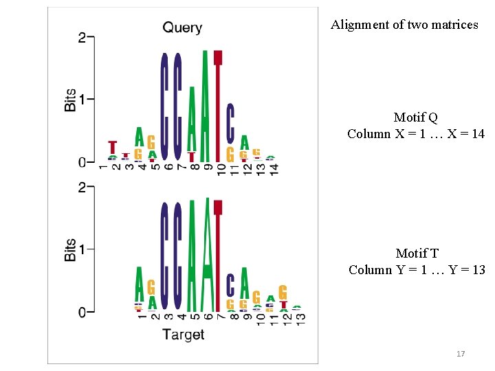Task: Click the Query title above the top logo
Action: coord(182,28)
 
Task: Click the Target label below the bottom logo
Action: coord(183,335)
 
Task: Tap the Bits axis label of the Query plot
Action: coord(70,99)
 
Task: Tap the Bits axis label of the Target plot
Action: coord(70,249)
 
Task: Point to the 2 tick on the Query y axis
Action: coord(81,38)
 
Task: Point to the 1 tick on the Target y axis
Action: coord(81,249)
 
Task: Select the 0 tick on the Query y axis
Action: coord(81,163)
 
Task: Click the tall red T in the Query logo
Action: coord(218,103)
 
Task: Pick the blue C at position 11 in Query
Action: coord(230,124)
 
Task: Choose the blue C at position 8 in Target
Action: coord(230,284)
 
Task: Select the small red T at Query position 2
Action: coord(113,148)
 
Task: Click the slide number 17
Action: coord(461,354)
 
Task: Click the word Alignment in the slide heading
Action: coord(358,25)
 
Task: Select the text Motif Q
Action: coord(415,117)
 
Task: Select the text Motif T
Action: coord(417,254)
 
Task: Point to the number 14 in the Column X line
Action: coord(477,133)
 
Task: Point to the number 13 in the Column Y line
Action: coord(478,269)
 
